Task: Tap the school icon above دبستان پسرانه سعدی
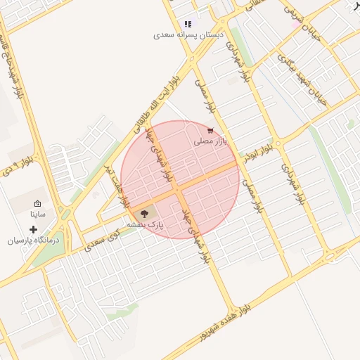188,24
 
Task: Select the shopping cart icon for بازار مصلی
210,130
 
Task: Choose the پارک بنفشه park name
145,224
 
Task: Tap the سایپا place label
37,213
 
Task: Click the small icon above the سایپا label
37,203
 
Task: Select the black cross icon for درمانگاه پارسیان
33,229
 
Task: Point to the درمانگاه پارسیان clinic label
34,240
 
